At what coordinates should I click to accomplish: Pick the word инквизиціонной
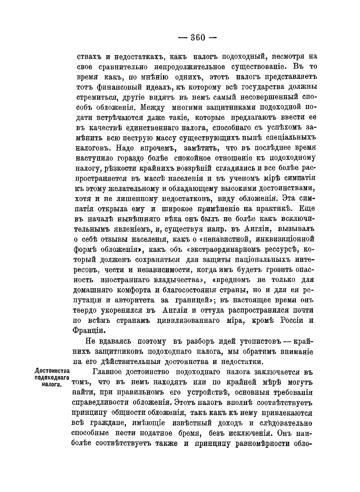tap(283, 239)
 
